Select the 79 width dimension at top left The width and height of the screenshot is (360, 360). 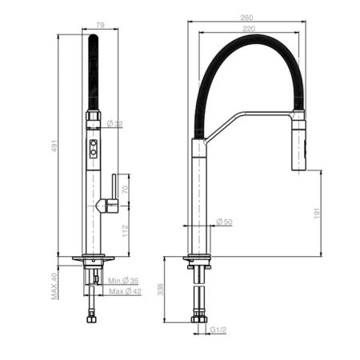tap(101, 26)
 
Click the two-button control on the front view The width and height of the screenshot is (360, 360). tap(94, 147)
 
